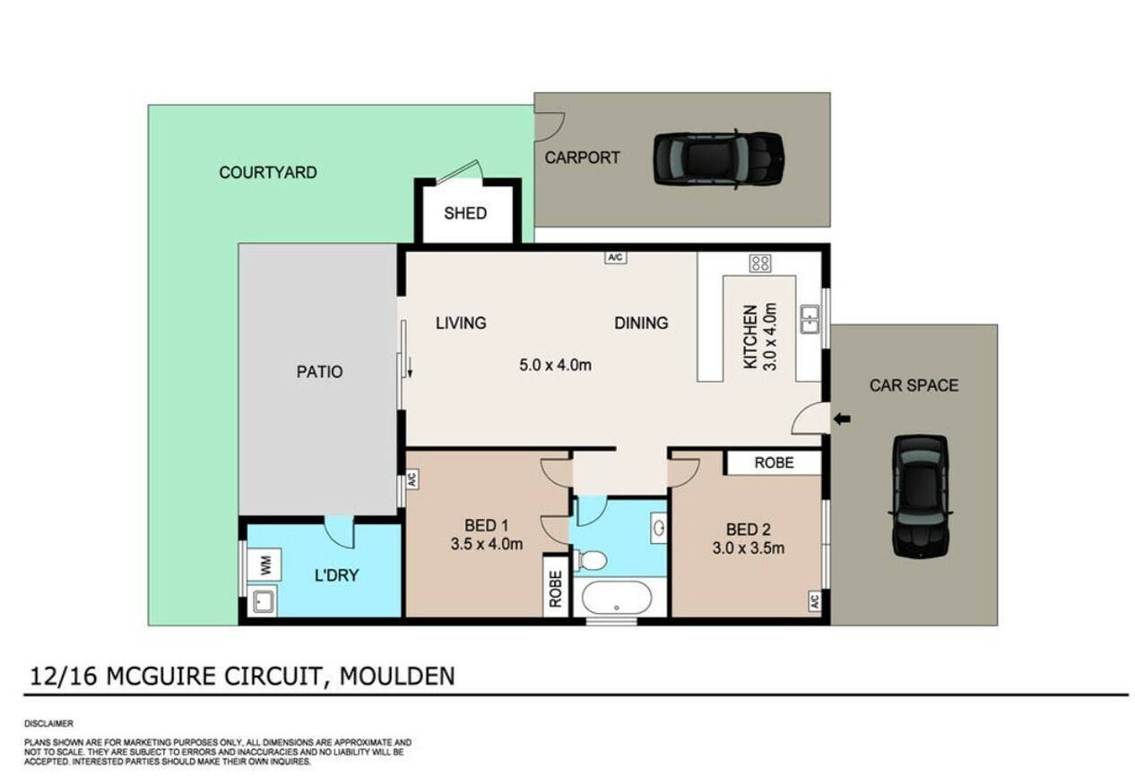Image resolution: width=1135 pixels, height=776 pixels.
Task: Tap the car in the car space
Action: click(920, 497)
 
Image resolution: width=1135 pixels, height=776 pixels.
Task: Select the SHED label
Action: click(465, 213)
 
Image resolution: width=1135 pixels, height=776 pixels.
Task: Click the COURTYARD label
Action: click(268, 173)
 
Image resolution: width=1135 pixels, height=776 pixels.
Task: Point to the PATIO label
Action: click(319, 372)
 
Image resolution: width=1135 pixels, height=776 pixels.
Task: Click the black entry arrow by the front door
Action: click(842, 418)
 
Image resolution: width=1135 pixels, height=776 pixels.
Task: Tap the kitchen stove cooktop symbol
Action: click(760, 263)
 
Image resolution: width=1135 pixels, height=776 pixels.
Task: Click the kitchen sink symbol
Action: click(810, 319)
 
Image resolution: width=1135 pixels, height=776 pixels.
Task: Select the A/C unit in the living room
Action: click(615, 258)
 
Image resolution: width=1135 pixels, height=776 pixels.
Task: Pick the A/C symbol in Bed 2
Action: click(815, 601)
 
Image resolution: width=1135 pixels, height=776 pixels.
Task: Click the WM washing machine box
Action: click(264, 565)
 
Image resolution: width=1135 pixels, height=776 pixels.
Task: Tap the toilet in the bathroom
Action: click(591, 561)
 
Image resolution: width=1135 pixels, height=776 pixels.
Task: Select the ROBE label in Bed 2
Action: click(774, 462)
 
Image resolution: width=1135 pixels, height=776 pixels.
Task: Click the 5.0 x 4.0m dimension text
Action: click(555, 365)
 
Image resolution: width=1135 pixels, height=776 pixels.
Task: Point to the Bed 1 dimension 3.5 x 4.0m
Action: click(487, 544)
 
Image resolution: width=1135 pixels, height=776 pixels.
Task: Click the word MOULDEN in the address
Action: click(397, 677)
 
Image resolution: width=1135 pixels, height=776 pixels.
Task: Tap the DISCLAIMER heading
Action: click(48, 724)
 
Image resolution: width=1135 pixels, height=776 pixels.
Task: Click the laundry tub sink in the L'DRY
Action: click(263, 601)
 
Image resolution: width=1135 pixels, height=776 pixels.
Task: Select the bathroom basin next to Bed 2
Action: click(659, 529)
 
